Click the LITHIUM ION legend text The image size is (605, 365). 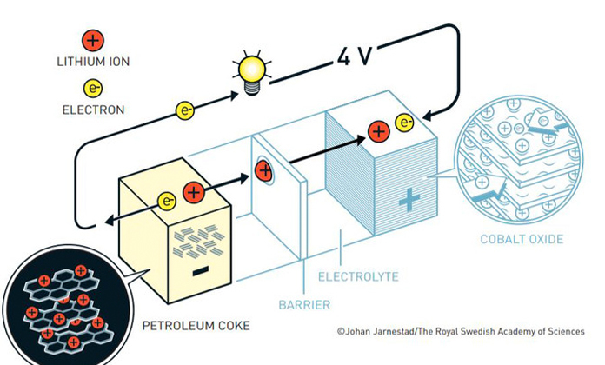[x=93, y=63]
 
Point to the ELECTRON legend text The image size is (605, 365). [x=93, y=110]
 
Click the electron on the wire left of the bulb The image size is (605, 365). [x=185, y=110]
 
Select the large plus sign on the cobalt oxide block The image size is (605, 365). [x=408, y=201]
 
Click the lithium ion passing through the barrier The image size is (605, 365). [x=265, y=169]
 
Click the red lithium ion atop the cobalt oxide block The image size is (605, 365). [x=378, y=131]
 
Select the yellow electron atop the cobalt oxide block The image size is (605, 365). [x=404, y=123]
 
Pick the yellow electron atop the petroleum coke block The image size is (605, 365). [x=168, y=201]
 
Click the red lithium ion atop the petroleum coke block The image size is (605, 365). [x=194, y=191]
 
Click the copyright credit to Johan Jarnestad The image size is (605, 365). [x=462, y=331]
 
